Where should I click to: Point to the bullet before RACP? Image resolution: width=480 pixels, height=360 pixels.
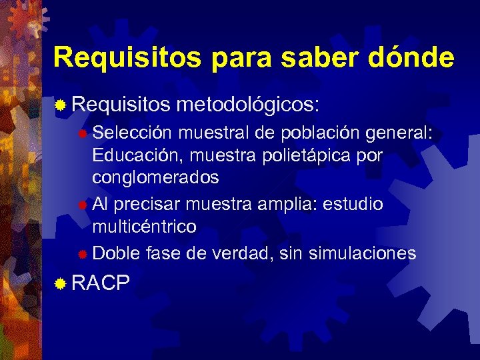[x=61, y=285]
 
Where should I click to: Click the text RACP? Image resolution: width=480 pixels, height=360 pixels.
[x=100, y=284]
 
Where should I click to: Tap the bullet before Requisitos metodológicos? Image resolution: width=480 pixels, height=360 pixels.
[x=61, y=105]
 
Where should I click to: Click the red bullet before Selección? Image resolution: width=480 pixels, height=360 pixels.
[x=81, y=134]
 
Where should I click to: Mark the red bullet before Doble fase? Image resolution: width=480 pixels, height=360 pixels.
[x=81, y=254]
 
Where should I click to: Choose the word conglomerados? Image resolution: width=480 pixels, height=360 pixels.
[x=155, y=179]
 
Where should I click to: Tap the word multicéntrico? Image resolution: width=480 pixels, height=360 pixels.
[x=144, y=227]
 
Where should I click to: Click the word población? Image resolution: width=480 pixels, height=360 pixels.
[x=321, y=133]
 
